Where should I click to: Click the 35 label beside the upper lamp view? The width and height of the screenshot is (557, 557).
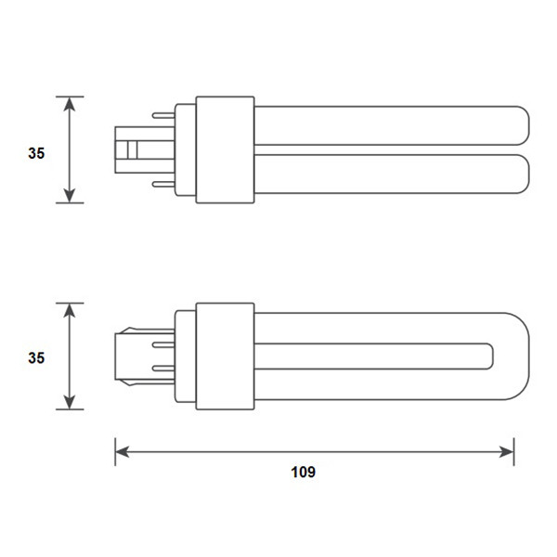point(35,153)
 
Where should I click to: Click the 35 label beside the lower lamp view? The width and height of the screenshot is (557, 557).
point(35,356)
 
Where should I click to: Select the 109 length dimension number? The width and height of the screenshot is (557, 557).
point(303,472)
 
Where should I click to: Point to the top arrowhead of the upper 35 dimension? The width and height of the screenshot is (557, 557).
point(70,103)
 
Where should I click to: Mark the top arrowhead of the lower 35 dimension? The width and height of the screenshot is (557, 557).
point(70,309)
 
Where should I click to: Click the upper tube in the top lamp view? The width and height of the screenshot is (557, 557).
point(390,124)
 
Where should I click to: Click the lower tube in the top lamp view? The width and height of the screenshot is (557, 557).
point(390,174)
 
